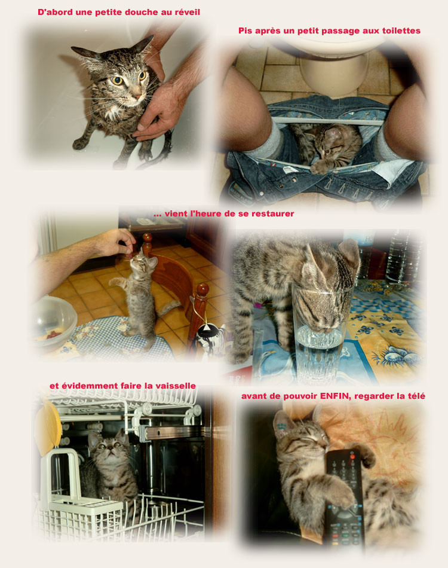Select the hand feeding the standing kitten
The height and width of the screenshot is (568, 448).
113,242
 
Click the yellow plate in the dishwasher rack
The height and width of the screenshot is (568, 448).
47,428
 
